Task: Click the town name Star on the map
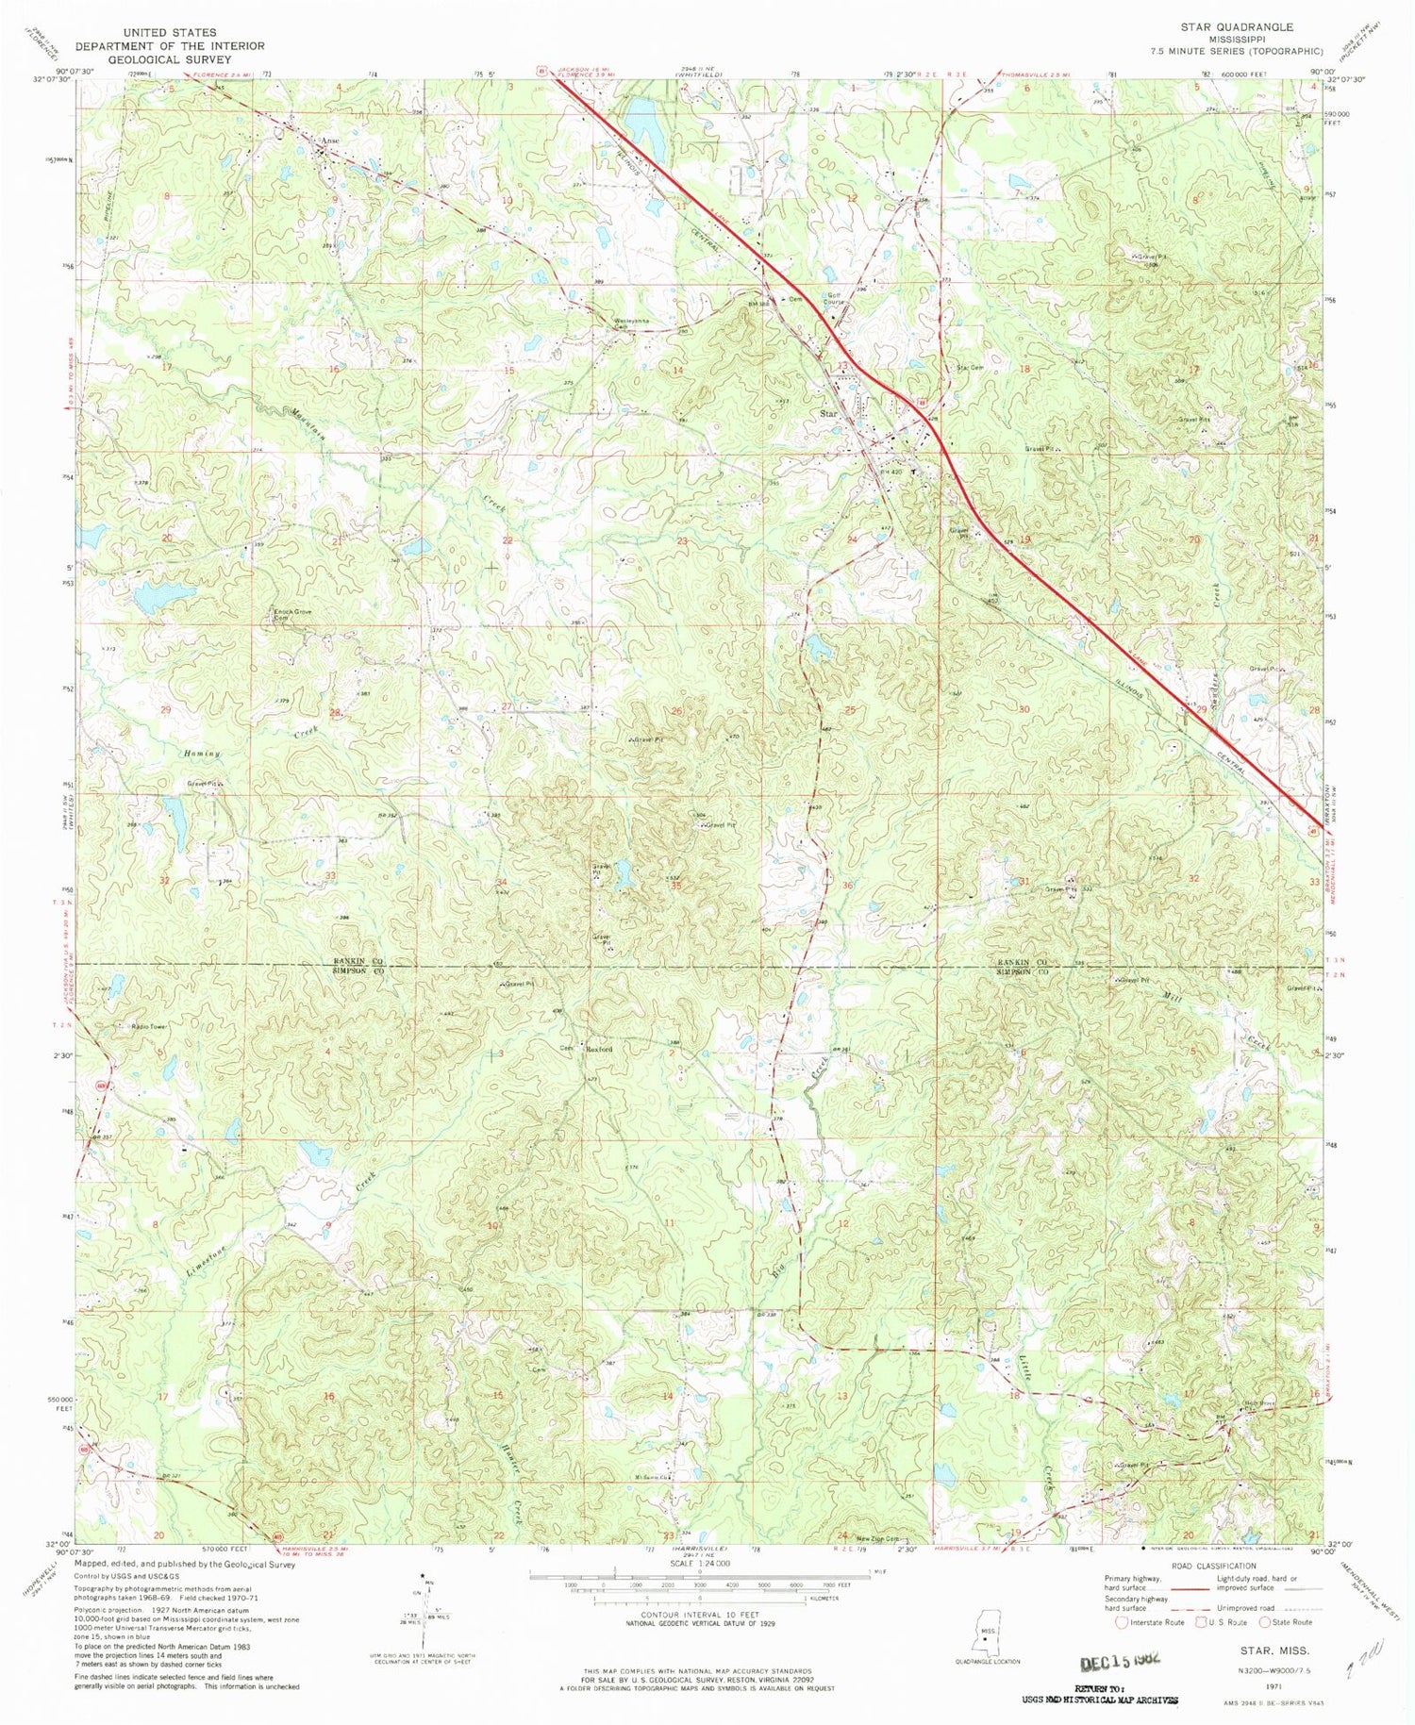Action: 829,413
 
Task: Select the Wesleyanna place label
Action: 631,321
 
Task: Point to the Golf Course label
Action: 834,299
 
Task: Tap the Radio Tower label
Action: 150,1025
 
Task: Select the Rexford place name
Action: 598,1049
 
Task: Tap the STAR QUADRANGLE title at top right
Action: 1237,27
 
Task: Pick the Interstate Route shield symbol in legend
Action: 1121,1623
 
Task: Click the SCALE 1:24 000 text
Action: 699,1563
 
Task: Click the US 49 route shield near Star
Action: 920,401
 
